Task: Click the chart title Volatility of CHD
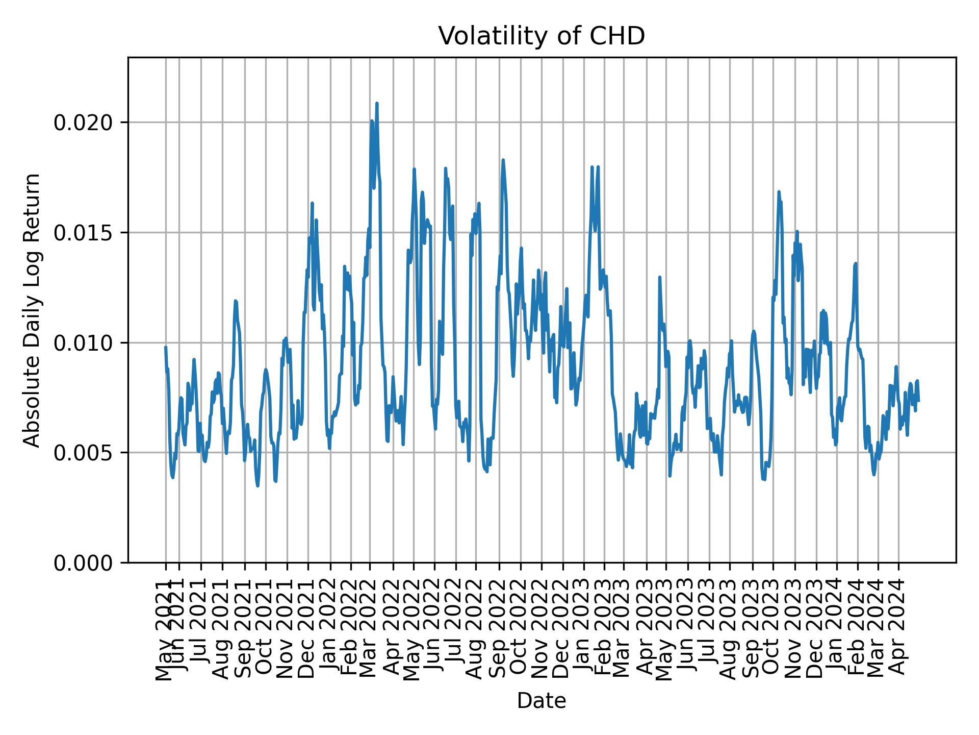pyautogui.click(x=542, y=36)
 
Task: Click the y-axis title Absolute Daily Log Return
pyautogui.click(x=33, y=310)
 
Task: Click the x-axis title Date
pyautogui.click(x=542, y=701)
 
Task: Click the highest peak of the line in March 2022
pyautogui.click(x=376, y=103)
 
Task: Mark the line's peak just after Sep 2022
pyautogui.click(x=503, y=160)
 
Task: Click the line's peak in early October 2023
pyautogui.click(x=779, y=191)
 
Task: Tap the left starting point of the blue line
pyautogui.click(x=165, y=347)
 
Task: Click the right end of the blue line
pyautogui.click(x=918, y=401)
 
